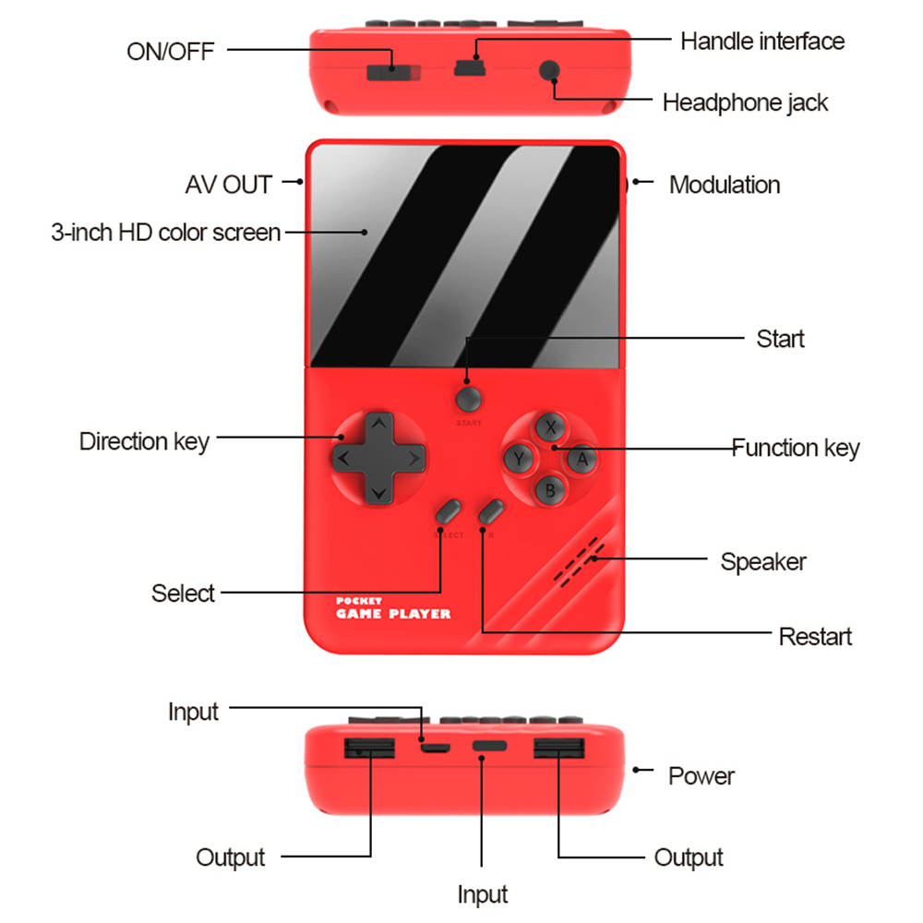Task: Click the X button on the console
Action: (551, 427)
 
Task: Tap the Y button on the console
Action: (520, 458)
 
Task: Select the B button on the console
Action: (551, 489)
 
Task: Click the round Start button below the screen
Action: (468, 399)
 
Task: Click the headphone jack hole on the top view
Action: (551, 70)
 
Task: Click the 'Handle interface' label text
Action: (761, 41)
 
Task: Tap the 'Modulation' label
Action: (724, 185)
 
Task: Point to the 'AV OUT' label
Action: (228, 185)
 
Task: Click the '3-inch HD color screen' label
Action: (165, 232)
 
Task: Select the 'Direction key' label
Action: (144, 441)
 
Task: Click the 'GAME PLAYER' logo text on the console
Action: (393, 614)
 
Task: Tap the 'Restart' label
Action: (814, 636)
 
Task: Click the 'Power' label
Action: (701, 776)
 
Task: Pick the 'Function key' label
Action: (796, 449)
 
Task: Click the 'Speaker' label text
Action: (762, 561)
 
